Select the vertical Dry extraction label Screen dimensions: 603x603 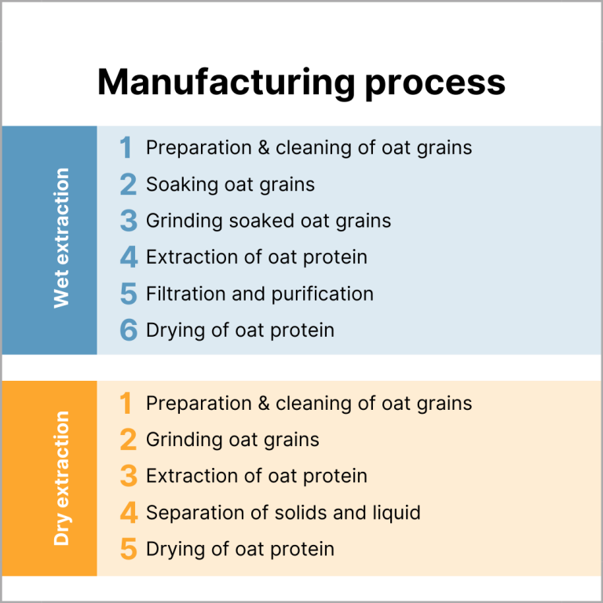coord(61,477)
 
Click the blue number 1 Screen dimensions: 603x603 coord(126,148)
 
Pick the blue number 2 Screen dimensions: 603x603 coord(128,185)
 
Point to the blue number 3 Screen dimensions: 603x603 coord(128,221)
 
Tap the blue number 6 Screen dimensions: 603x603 coord(128,331)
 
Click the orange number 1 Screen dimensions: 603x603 coord(126,404)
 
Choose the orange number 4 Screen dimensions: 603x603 coord(128,513)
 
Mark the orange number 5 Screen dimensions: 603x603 coord(128,549)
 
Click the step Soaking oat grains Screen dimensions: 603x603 coord(230,185)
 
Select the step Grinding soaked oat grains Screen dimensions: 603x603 coord(268,221)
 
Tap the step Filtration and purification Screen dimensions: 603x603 coord(259,294)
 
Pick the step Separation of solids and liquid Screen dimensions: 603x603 coord(283,513)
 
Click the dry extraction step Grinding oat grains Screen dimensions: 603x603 coord(232,440)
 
